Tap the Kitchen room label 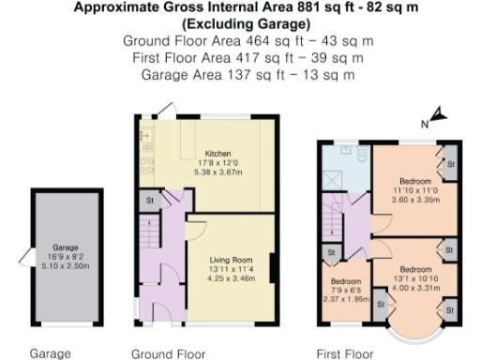coord(217,154)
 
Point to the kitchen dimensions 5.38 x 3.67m coord(217,172)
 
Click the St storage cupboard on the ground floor coord(148,200)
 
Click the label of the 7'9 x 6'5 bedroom coord(346,280)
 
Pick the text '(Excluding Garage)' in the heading coord(241,24)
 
